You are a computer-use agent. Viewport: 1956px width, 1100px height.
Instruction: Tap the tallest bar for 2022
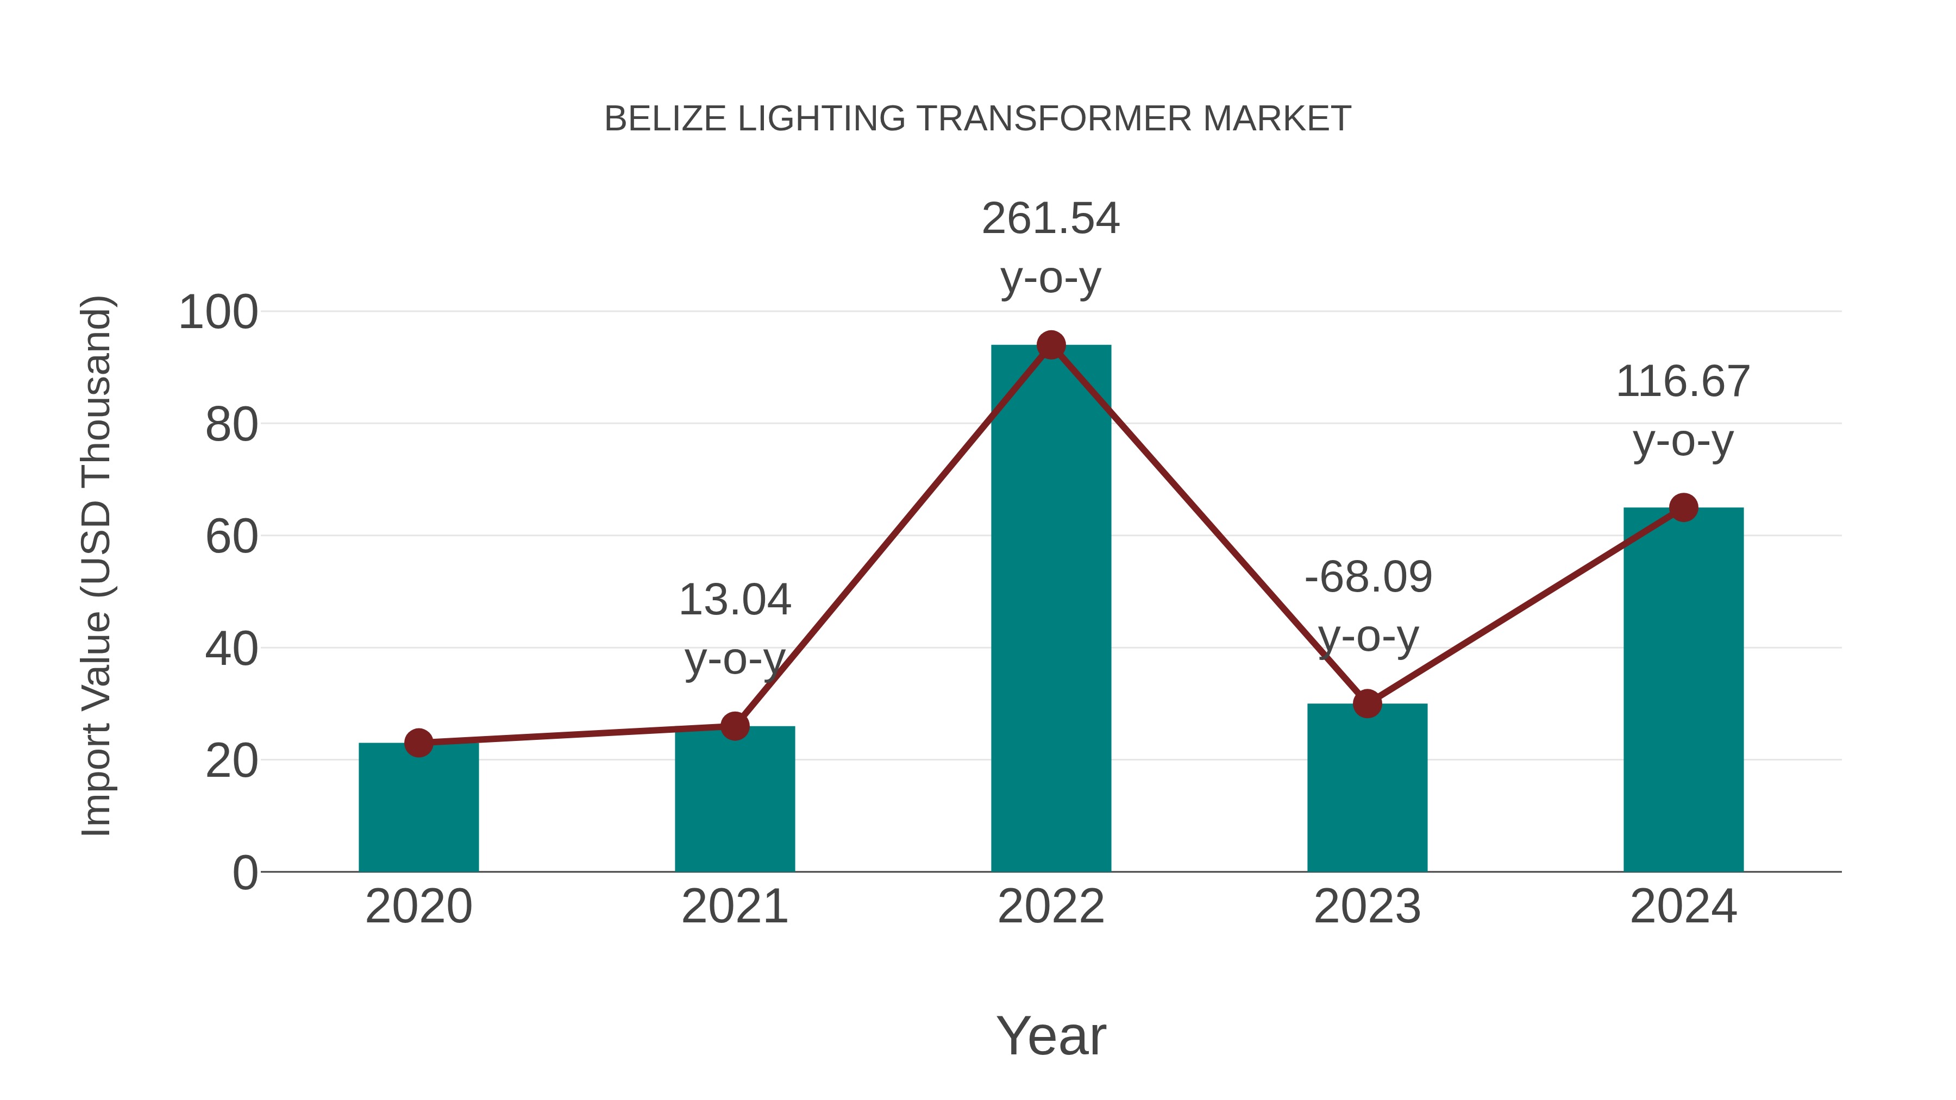pos(1051,607)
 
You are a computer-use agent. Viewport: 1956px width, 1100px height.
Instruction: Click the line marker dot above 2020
pos(418,743)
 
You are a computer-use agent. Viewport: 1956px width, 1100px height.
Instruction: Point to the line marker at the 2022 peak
pos(1051,345)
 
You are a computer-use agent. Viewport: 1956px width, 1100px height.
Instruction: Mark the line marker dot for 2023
pos(1367,703)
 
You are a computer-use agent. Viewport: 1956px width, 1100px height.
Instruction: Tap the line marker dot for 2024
pos(1683,507)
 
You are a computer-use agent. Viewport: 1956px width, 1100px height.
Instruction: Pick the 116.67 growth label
pos(1683,381)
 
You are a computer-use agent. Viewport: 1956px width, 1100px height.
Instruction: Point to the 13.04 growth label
pos(734,600)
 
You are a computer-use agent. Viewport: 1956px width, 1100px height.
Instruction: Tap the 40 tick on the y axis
pos(231,649)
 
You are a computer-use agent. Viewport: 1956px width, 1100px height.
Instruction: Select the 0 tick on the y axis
pos(244,873)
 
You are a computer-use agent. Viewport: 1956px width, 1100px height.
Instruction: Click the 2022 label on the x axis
pos(1051,907)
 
